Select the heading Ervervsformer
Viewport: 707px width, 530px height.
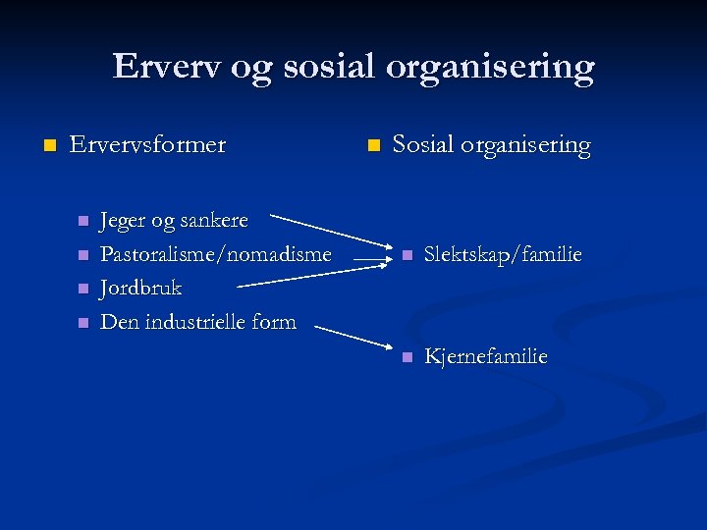point(147,145)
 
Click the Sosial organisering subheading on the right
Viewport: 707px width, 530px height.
point(491,145)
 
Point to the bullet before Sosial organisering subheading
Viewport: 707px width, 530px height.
point(372,146)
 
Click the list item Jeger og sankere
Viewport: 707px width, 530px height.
point(174,220)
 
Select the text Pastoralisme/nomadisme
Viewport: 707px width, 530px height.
point(216,254)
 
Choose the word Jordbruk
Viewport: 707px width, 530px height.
point(141,289)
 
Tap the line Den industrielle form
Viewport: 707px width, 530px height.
point(198,322)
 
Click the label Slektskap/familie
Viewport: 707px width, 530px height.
point(503,255)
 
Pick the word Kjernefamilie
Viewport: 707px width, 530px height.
point(485,356)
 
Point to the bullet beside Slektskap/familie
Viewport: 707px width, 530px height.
point(405,256)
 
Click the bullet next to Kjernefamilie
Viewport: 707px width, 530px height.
point(405,357)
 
